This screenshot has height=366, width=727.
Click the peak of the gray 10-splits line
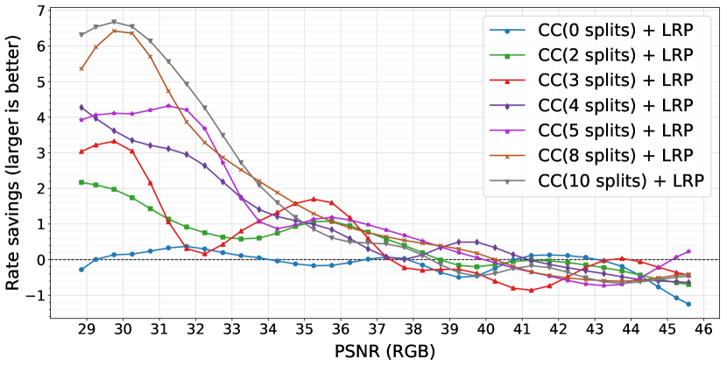[x=114, y=22]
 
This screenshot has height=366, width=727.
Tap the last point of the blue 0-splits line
[x=688, y=305]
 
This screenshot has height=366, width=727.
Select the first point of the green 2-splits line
[x=81, y=182]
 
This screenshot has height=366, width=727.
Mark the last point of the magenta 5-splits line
[x=688, y=251]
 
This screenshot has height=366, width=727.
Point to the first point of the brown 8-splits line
[x=81, y=68]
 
